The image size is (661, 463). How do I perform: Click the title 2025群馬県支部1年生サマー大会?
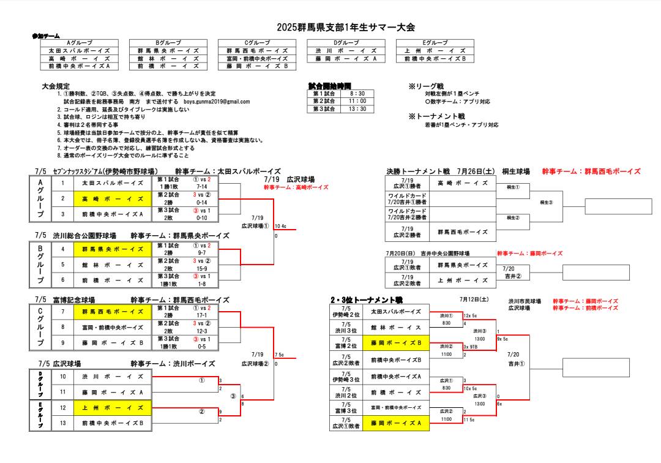(346, 27)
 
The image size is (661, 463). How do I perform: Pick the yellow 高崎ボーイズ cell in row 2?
(110, 198)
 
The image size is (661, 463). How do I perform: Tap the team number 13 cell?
(62, 423)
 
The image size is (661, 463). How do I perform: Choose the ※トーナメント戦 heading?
(436, 116)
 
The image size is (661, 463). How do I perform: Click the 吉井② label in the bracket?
(512, 276)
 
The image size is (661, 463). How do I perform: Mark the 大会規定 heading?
(56, 86)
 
